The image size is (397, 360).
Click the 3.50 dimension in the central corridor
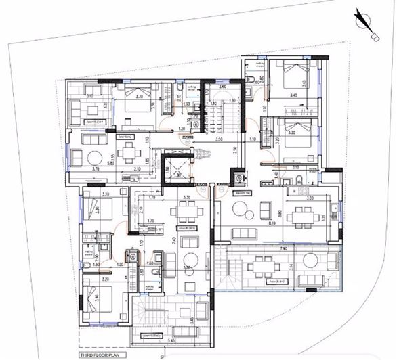219,139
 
